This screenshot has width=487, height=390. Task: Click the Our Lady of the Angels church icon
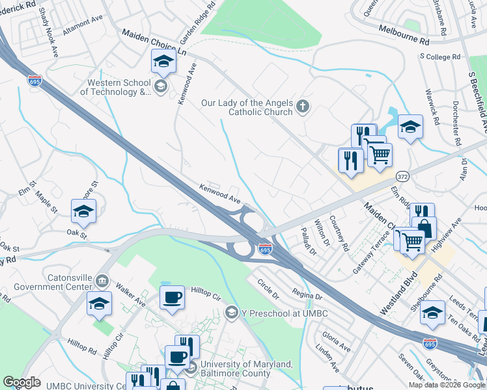coord(302,107)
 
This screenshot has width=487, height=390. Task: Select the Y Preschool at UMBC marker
coord(230,313)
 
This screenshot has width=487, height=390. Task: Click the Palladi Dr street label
coord(307,241)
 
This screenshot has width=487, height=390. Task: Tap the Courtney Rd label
coord(339,234)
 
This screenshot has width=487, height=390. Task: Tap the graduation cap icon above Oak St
coord(83,212)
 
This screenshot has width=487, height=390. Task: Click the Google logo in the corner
coord(21,382)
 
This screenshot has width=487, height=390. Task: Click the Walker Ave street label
coord(130,293)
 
